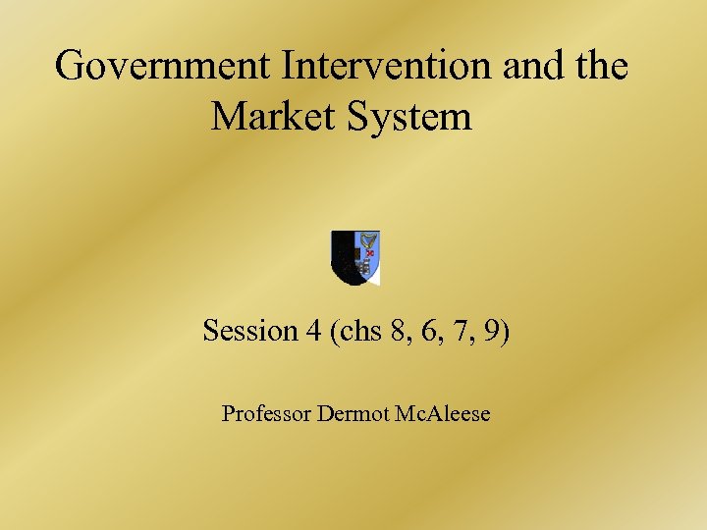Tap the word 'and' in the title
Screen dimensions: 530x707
tap(531, 67)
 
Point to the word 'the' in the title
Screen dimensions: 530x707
tap(597, 67)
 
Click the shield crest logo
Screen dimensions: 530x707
tap(355, 257)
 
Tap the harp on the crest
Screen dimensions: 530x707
tap(368, 243)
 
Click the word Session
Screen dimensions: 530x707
tap(249, 331)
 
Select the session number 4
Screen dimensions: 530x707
tap(313, 331)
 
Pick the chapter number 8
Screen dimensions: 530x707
tap(399, 331)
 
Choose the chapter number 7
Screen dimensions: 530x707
tap(461, 331)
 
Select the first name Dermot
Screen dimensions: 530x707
tap(353, 413)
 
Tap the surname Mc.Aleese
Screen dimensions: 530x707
tap(441, 413)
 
